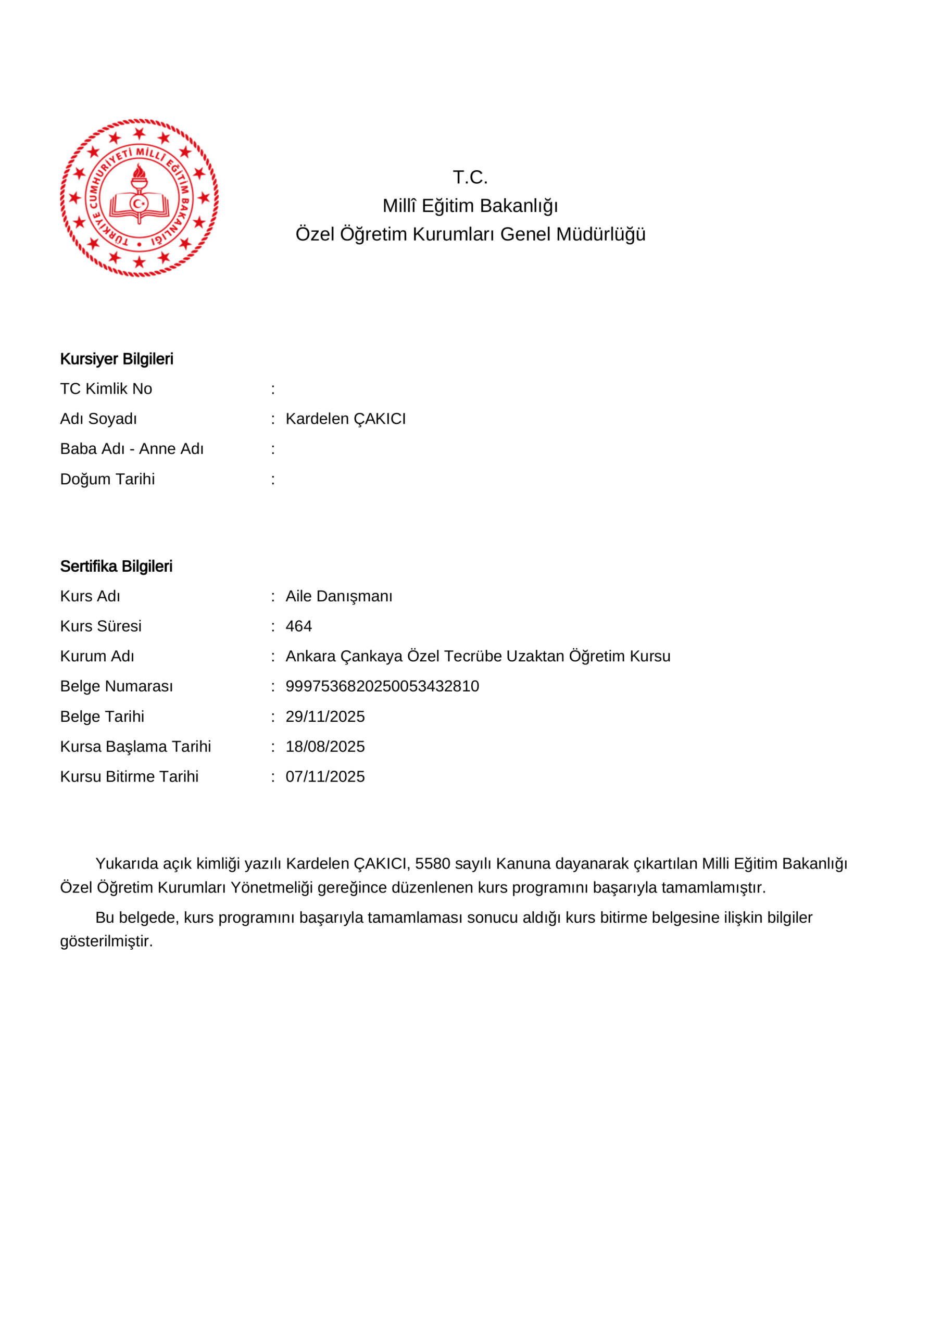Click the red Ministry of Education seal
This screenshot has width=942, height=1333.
[140, 197]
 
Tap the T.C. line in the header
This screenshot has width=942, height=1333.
[470, 177]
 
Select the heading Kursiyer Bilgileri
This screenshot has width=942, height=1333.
[117, 359]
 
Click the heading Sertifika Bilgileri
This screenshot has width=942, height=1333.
[116, 566]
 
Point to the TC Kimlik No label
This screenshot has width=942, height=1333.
[106, 388]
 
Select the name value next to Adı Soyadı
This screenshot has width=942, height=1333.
[346, 419]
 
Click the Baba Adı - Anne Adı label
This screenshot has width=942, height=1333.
[132, 449]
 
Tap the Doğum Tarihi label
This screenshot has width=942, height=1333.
[107, 479]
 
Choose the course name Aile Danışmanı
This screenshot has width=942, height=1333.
[338, 596]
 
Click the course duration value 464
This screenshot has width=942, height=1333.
[298, 626]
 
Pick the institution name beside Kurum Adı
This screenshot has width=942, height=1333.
[478, 656]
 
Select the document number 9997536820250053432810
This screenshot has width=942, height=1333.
[382, 686]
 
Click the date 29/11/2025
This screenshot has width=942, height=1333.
[324, 716]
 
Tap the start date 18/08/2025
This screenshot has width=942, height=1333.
[324, 747]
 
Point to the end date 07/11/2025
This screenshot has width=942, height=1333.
[324, 777]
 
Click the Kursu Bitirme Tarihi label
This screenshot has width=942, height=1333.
[129, 777]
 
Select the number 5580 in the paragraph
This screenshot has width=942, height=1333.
[432, 864]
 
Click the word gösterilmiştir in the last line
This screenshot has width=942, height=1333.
[106, 941]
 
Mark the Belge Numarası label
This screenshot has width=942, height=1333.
[116, 686]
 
